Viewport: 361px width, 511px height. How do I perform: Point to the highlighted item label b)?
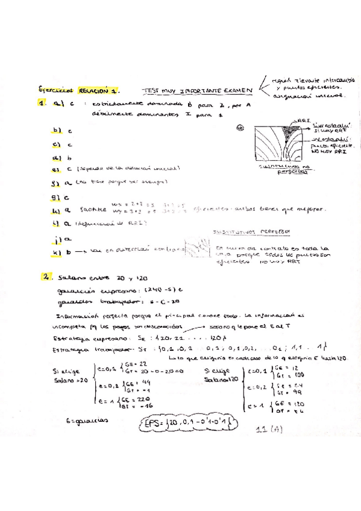coord(57,130)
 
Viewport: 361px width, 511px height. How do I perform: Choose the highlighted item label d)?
coord(57,157)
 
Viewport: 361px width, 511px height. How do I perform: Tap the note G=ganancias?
coord(89,422)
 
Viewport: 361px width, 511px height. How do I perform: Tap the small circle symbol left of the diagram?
coord(240,127)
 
